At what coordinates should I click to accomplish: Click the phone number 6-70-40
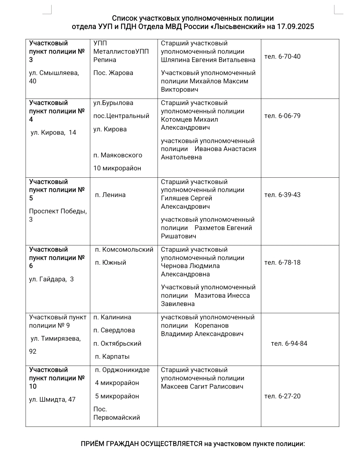click(x=289, y=57)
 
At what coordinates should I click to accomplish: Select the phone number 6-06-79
click(x=289, y=116)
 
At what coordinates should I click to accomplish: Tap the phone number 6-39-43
click(x=289, y=195)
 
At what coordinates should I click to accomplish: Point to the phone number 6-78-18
click(x=289, y=263)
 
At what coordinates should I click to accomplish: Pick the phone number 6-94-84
click(x=296, y=344)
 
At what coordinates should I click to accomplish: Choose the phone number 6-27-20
click(x=289, y=396)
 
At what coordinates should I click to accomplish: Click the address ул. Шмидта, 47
click(x=52, y=400)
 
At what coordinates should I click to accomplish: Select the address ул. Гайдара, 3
click(x=51, y=279)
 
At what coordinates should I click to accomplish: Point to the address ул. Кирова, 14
click(x=53, y=133)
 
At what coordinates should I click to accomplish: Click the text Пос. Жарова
click(x=113, y=73)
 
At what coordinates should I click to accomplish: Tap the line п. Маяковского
click(x=118, y=155)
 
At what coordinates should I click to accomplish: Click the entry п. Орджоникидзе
click(x=122, y=370)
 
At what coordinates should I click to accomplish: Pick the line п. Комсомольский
click(x=124, y=250)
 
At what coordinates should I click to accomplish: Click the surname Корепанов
click(x=212, y=326)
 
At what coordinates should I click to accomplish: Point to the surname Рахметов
click(x=210, y=228)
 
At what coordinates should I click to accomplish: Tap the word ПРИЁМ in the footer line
click(x=93, y=444)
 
